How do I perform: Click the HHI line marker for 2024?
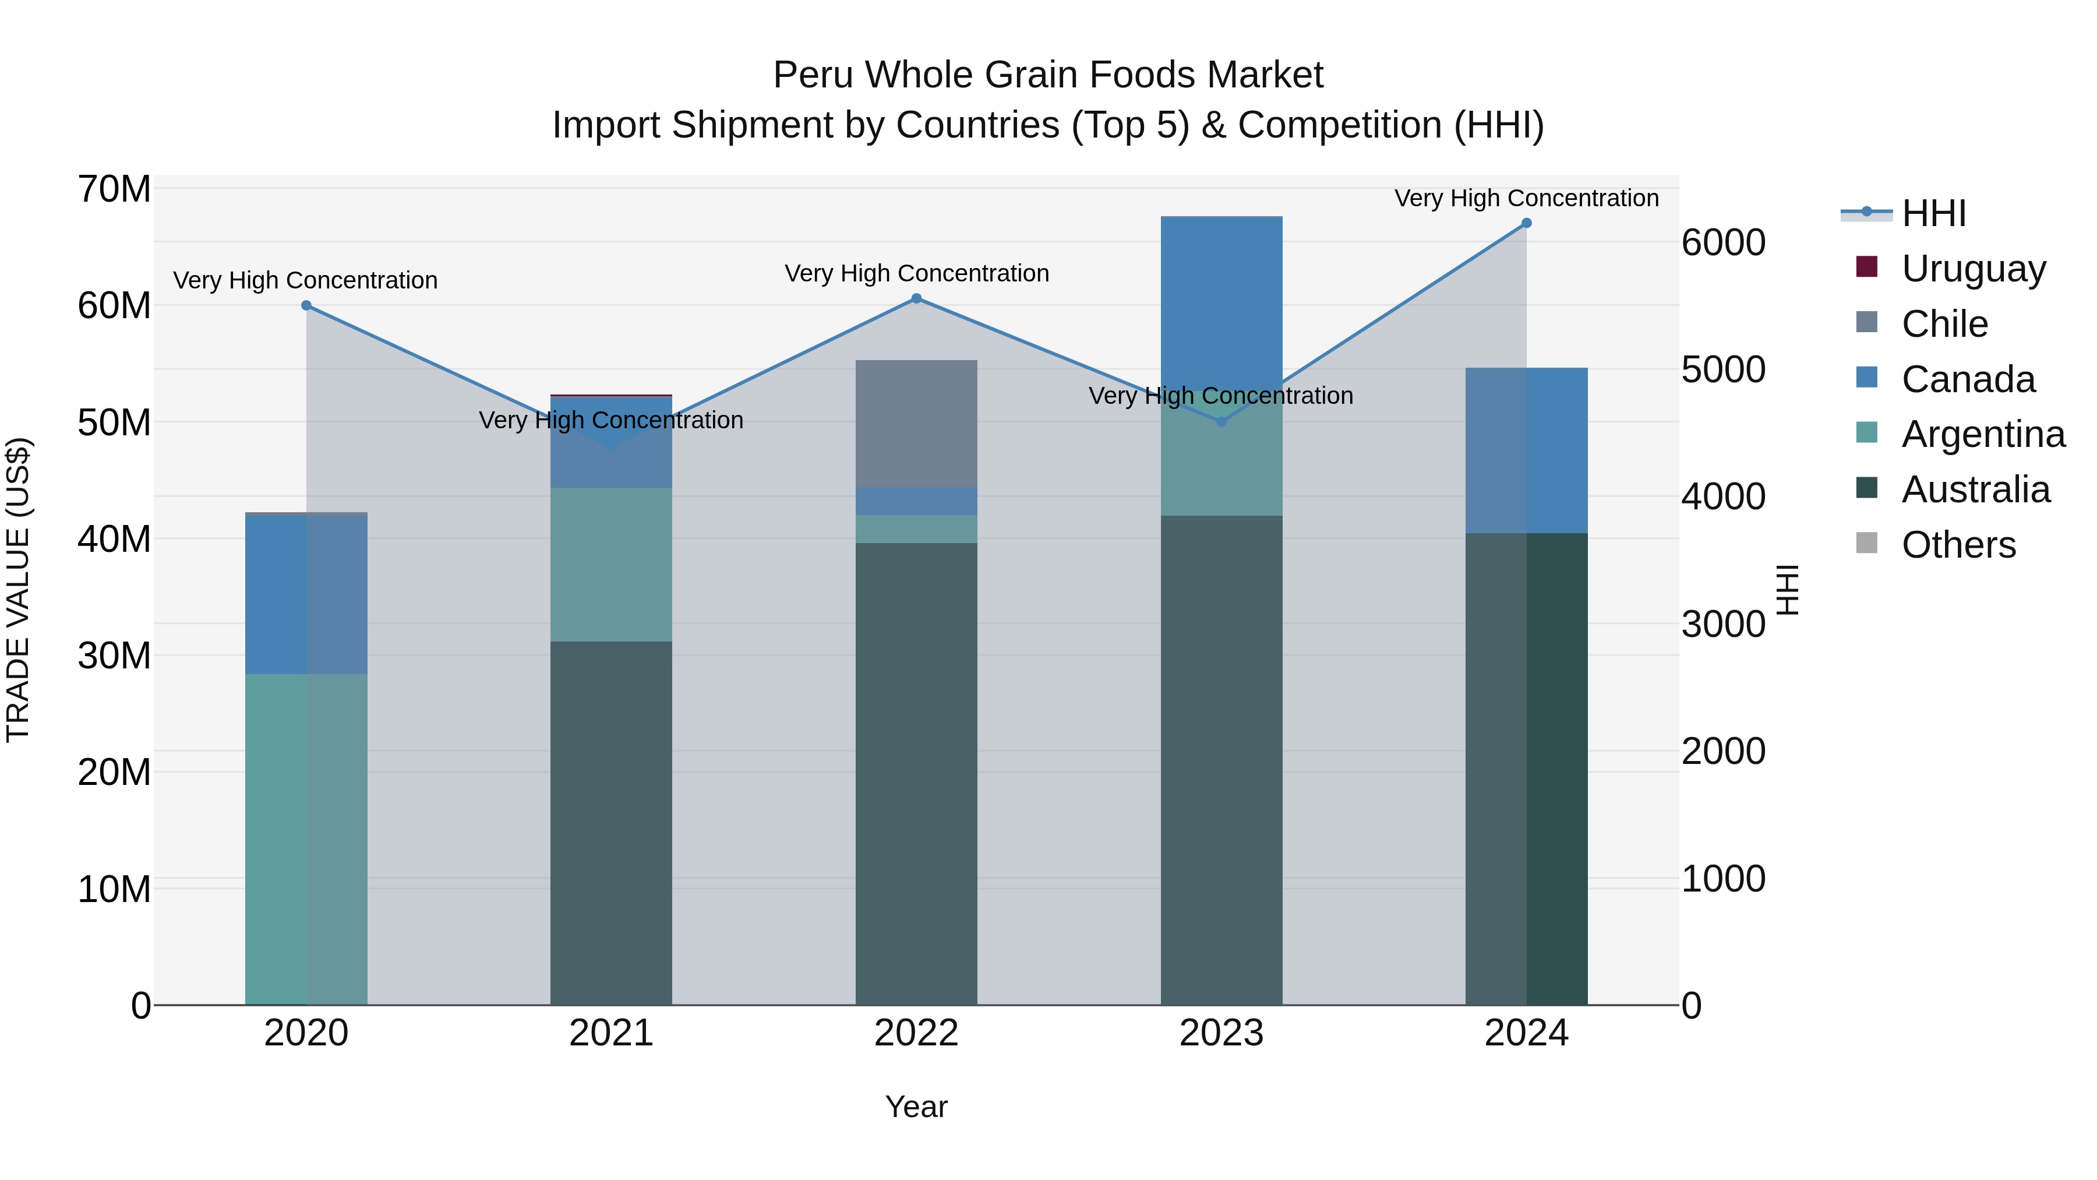pyautogui.click(x=1526, y=223)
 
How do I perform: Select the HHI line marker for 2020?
pyautogui.click(x=306, y=305)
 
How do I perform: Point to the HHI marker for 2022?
pyautogui.click(x=916, y=299)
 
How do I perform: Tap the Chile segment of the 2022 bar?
pyautogui.click(x=916, y=424)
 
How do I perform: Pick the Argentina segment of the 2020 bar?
pyautogui.click(x=306, y=839)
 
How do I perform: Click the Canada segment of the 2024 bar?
pyautogui.click(x=1526, y=450)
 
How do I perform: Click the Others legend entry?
pyautogui.click(x=1958, y=544)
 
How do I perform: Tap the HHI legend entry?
pyautogui.click(x=1933, y=213)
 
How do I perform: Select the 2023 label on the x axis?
pyautogui.click(x=1221, y=1033)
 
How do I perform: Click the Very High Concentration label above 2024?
pyautogui.click(x=1526, y=198)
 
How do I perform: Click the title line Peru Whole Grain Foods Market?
pyautogui.click(x=1048, y=75)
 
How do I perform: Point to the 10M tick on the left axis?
pyautogui.click(x=114, y=889)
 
